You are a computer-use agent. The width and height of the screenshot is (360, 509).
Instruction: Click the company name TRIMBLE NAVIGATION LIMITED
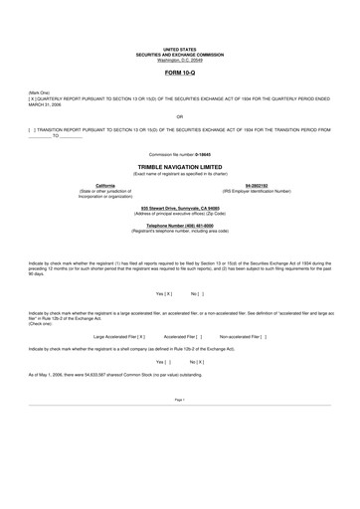pos(179,168)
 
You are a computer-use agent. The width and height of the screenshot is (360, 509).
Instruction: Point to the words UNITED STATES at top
pos(179,48)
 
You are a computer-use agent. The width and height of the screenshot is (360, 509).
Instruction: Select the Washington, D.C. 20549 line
pos(179,59)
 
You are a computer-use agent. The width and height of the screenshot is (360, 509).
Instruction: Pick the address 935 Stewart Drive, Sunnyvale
pos(180,207)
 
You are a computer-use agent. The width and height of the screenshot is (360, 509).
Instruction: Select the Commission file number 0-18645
pos(180,155)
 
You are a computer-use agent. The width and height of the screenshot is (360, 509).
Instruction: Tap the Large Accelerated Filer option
pos(118,337)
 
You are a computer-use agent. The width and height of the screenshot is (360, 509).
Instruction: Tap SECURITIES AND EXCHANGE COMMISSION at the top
pos(179,53)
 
